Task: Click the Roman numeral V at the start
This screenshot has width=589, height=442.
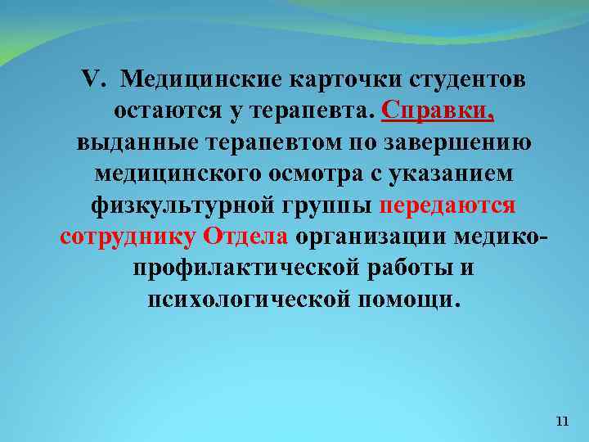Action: click(x=92, y=80)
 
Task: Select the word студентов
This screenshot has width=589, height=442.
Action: click(x=464, y=80)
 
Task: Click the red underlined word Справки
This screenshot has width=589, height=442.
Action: click(x=437, y=111)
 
